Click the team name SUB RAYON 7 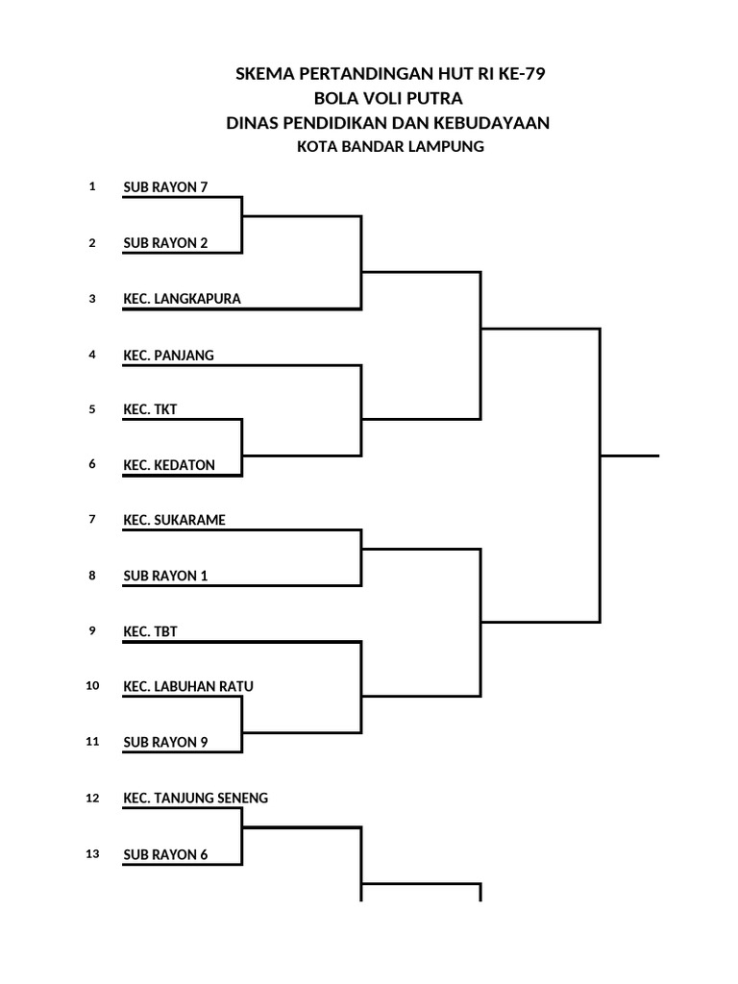[165, 187]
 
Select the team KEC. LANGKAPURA [182, 299]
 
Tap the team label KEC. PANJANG [168, 356]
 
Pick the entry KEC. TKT [150, 409]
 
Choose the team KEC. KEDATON [169, 465]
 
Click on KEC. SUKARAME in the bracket [175, 520]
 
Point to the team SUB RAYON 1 [165, 576]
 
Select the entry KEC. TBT [150, 631]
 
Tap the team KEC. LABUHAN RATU [188, 686]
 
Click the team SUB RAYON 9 [165, 743]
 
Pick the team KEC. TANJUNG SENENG [195, 799]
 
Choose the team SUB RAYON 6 [165, 854]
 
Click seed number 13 [92, 853]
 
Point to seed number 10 [92, 685]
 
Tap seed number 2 [92, 243]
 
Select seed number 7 [92, 519]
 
